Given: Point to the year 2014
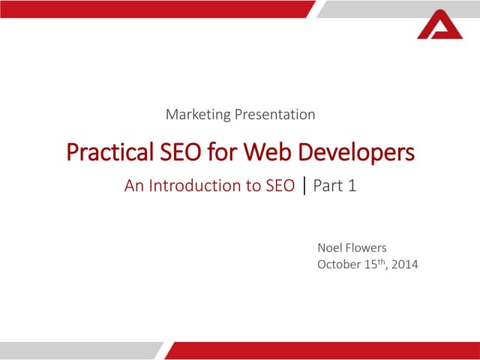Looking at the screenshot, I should pos(403,264).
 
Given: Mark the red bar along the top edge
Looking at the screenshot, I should pos(150,8).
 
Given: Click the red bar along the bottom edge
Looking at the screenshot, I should pos(322,350).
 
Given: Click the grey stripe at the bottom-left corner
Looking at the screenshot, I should pos(75,350).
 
